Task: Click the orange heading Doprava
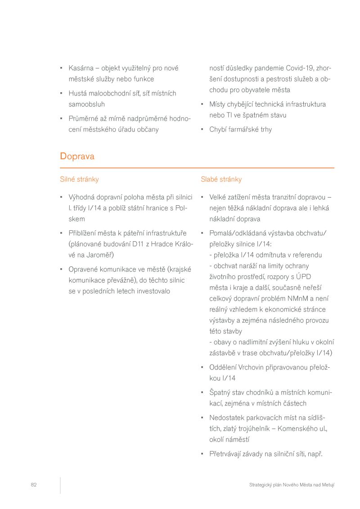(77, 157)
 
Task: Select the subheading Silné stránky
(79, 180)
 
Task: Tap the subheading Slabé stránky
(221, 180)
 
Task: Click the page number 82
(34, 485)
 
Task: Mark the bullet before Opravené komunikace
(61, 270)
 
